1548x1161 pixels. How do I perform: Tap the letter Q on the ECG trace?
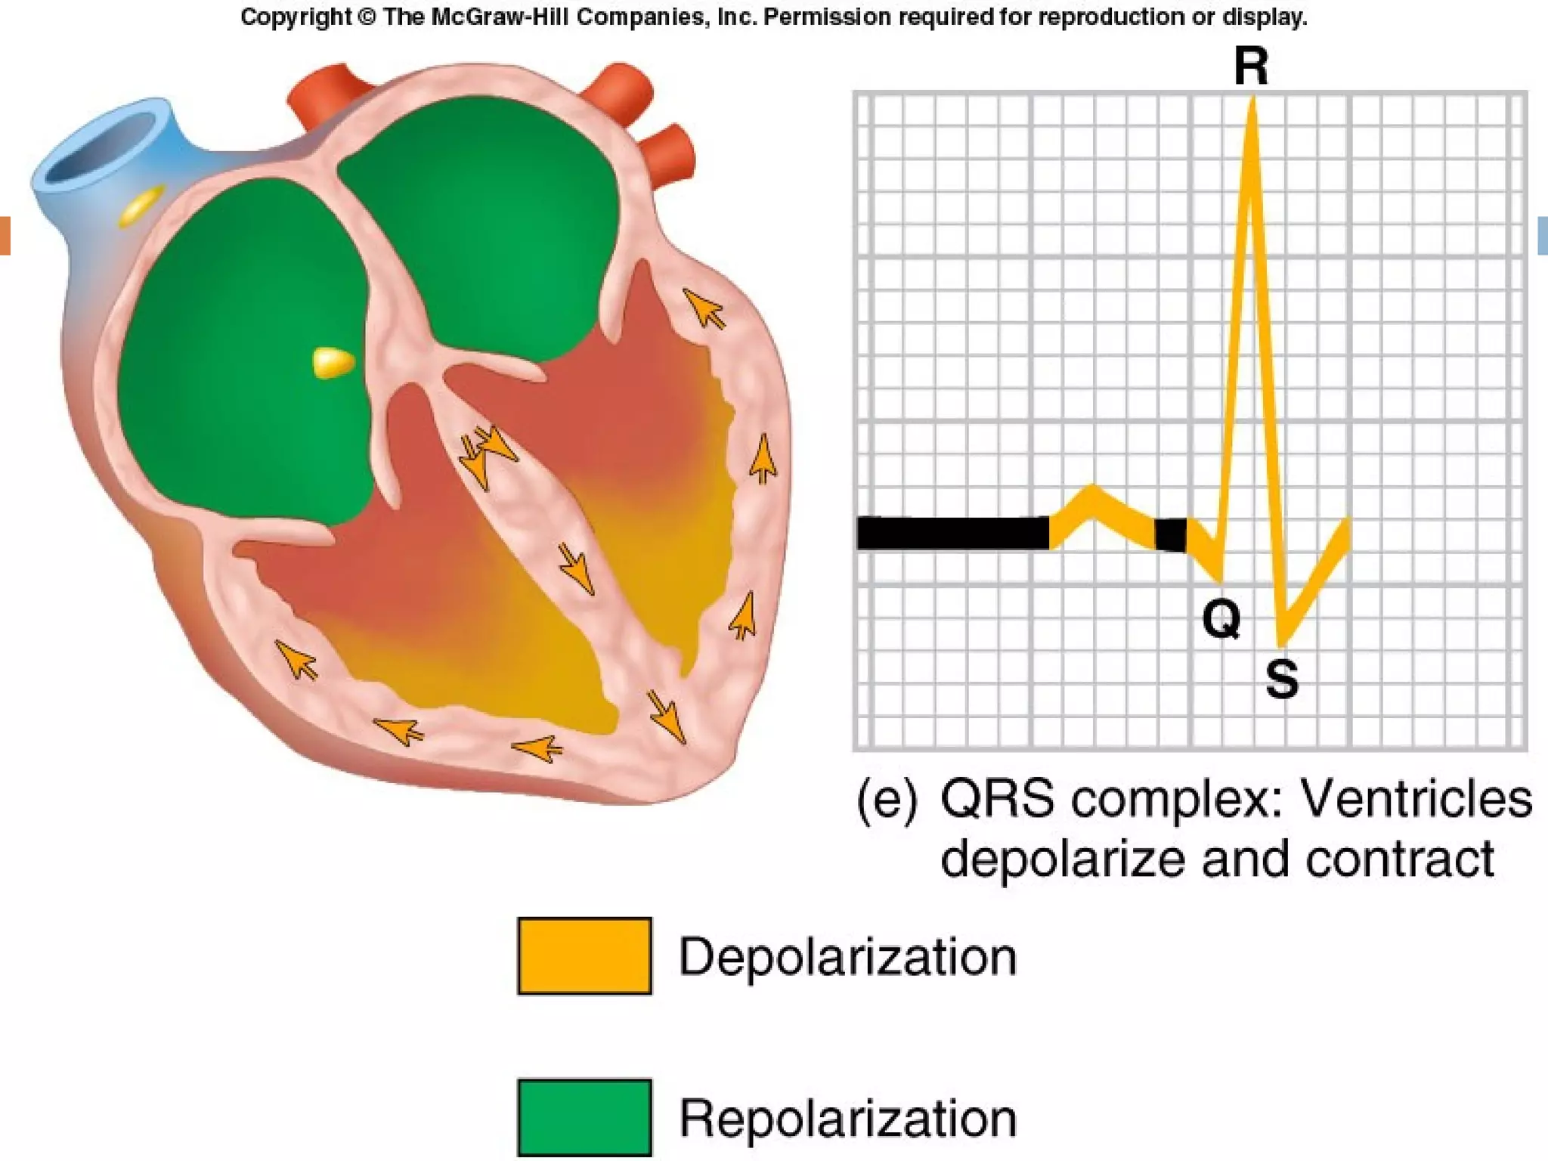pos(1221,620)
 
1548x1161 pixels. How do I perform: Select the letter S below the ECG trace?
pos(1282,679)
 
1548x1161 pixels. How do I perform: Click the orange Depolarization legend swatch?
pos(584,955)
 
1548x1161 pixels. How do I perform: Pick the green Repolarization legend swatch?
pos(584,1117)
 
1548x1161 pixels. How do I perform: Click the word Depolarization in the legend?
pos(847,957)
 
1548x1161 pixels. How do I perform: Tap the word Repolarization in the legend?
pos(847,1119)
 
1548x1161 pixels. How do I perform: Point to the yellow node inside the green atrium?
pos(333,363)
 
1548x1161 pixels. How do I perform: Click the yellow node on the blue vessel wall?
pos(142,205)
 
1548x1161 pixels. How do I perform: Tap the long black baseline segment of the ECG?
pos(952,533)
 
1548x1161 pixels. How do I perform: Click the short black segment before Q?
pos(1170,534)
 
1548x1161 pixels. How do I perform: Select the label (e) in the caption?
pos(887,800)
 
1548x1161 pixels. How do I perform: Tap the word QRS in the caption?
pos(998,800)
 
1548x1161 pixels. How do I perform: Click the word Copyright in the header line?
pos(296,17)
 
